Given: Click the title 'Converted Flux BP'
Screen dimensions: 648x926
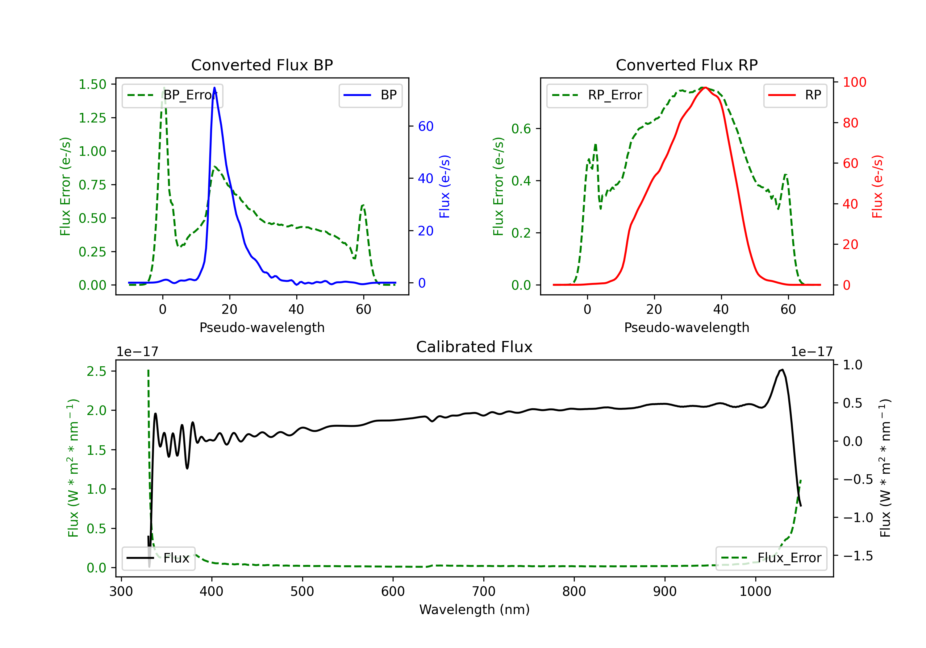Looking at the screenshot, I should coord(262,65).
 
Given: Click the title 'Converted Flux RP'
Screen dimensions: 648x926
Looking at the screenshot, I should coord(686,65).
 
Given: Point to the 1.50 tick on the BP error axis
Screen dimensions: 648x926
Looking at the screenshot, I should coord(92,84).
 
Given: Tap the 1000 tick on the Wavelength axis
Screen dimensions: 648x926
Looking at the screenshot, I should coord(755,591).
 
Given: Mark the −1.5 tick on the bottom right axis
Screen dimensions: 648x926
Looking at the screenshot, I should coord(857,556).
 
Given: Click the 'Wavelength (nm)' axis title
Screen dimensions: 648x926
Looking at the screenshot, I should coord(474,609).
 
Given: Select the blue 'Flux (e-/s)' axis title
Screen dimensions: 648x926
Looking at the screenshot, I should coord(444,186).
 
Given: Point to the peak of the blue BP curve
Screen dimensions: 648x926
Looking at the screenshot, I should coord(214,88).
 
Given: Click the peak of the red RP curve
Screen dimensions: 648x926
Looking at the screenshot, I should coord(705,88).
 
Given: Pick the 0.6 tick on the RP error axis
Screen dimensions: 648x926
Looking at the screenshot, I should coord(521,129).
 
